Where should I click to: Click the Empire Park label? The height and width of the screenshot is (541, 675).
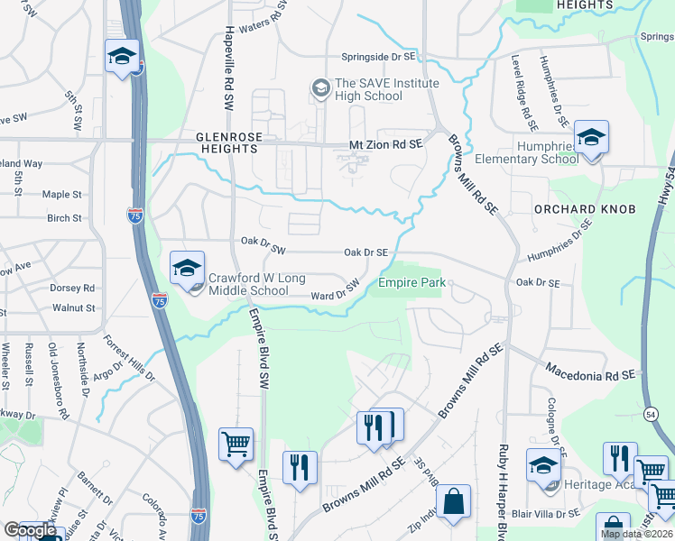click(x=411, y=283)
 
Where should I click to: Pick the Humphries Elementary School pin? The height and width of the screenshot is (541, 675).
click(x=591, y=137)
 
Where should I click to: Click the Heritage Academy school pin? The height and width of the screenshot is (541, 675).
click(x=543, y=465)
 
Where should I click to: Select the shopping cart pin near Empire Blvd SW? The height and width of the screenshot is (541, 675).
click(x=236, y=444)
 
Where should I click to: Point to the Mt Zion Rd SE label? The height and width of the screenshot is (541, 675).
click(x=386, y=144)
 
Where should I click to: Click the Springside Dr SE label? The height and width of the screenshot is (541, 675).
click(x=379, y=56)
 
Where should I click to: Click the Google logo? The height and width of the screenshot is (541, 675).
click(x=29, y=531)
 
